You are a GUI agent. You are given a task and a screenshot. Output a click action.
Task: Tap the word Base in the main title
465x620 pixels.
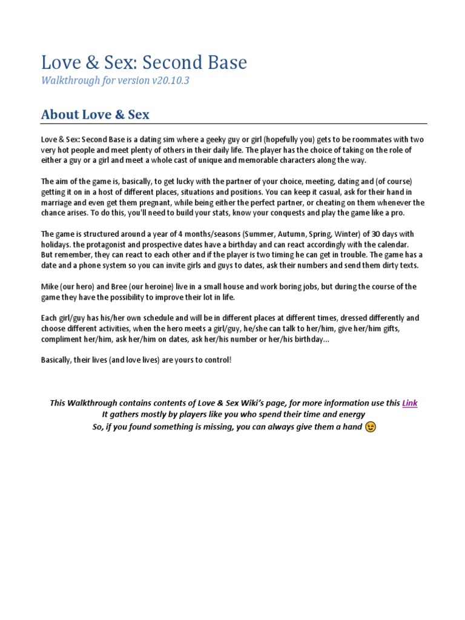coord(225,62)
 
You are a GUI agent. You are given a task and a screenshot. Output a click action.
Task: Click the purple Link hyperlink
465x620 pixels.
coord(410,403)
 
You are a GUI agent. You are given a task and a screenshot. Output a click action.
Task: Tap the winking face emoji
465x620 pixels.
coord(371,427)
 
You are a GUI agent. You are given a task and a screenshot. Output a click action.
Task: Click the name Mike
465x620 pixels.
coord(50,286)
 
